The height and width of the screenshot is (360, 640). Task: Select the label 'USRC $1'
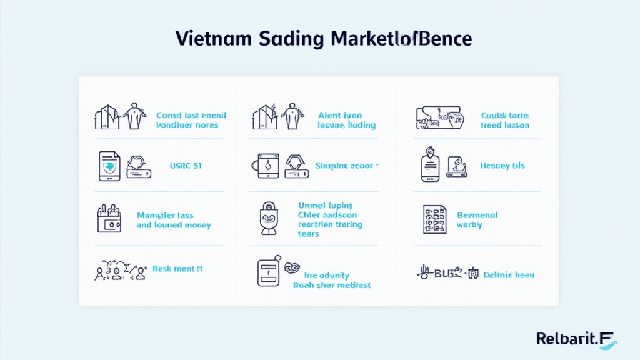186,166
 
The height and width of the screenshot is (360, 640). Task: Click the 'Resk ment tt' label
177,269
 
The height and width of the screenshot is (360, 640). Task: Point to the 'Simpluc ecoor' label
347,166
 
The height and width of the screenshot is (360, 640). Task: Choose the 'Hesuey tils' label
502,166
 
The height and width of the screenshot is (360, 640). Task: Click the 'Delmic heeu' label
509,274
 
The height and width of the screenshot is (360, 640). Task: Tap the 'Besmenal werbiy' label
477,220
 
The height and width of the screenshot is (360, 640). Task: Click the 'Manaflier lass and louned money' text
174,220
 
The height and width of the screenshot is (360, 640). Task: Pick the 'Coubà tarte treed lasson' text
505,120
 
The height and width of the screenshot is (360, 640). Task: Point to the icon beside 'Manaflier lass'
109,219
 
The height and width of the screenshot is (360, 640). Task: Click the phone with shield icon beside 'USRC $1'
109,166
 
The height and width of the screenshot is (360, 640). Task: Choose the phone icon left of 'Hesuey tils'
431,166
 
